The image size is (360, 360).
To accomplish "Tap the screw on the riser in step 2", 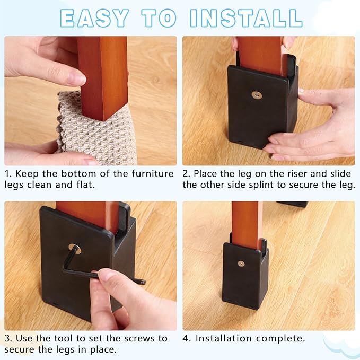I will (x=256, y=94).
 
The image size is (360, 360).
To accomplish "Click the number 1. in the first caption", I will (x=9, y=174).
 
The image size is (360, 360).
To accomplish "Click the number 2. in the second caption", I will (x=187, y=174).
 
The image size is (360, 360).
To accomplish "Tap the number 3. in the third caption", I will (x=9, y=338).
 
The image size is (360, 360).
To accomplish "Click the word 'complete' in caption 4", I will (x=284, y=338).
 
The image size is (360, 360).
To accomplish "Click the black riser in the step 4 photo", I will (x=245, y=281).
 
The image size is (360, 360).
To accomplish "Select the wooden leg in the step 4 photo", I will (x=246, y=223).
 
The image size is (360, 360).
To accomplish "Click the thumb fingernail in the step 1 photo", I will (x=77, y=78).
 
